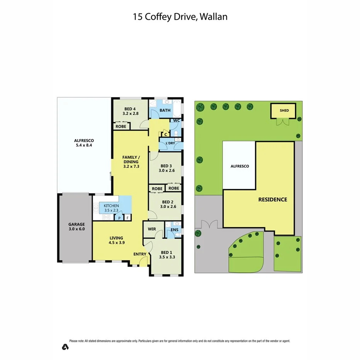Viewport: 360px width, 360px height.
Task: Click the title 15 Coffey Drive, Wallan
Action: point(180,17)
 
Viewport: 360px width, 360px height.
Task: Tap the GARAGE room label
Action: point(76,224)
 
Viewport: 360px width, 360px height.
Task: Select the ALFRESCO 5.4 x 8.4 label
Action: point(84,143)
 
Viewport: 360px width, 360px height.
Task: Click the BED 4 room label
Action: point(130,109)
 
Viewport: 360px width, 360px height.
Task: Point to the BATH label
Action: point(165,110)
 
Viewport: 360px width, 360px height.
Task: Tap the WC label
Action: point(176,121)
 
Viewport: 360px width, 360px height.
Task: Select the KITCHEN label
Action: point(111,205)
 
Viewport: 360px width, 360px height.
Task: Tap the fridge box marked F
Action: point(127,218)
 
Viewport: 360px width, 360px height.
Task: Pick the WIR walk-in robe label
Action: point(152,229)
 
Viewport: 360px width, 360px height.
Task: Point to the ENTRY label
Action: point(140,254)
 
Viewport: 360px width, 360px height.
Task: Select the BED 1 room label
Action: point(166,253)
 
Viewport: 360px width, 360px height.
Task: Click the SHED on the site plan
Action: point(284,110)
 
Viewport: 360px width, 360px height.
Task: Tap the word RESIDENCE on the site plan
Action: point(273,200)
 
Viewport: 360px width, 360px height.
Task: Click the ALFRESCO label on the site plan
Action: point(239,166)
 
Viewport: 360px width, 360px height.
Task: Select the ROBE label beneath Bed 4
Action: point(121,126)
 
